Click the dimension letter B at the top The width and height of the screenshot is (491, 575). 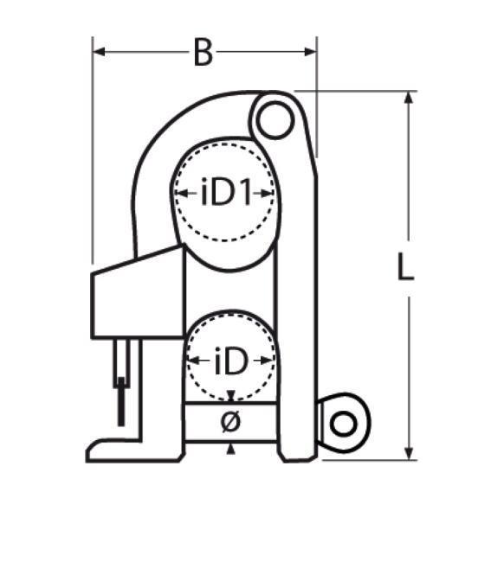(204, 53)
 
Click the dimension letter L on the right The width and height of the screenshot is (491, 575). (405, 267)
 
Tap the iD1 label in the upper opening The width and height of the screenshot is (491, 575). (227, 192)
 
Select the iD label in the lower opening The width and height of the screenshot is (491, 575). (231, 361)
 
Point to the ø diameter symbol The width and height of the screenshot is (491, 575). (230, 421)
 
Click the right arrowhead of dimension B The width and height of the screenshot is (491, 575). (311, 52)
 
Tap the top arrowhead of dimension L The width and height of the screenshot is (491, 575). (409, 97)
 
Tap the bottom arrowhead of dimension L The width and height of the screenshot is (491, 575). (409, 453)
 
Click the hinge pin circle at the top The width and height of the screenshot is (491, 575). (275, 120)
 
